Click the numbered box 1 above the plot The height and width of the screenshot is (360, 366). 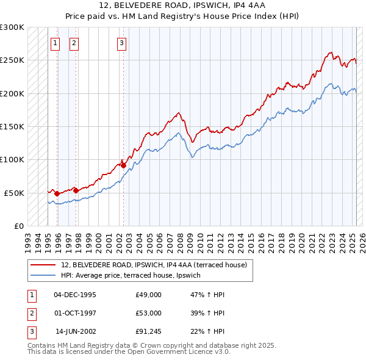[55, 43]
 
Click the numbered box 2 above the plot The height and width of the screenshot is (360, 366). [74, 43]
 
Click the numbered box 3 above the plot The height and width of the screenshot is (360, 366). [121, 43]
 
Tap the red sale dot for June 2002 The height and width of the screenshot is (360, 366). [123, 165]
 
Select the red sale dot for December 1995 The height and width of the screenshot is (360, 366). [57, 193]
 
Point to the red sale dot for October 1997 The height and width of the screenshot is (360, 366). [76, 190]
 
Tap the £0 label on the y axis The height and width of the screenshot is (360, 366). [18, 226]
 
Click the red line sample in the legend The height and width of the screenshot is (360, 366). [43, 265]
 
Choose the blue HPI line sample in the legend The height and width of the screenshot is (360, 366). [43, 276]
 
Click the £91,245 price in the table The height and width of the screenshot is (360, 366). [149, 331]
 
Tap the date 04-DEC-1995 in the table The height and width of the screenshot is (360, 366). [75, 295]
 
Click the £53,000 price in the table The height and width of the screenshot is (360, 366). [149, 313]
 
